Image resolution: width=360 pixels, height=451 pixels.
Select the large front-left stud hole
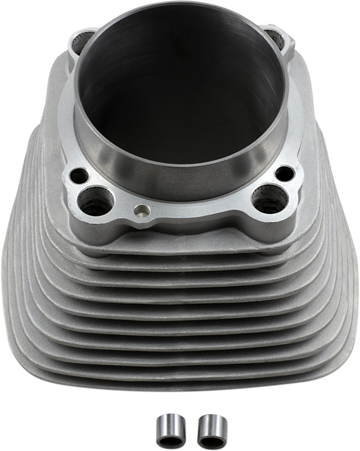[91, 197]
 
